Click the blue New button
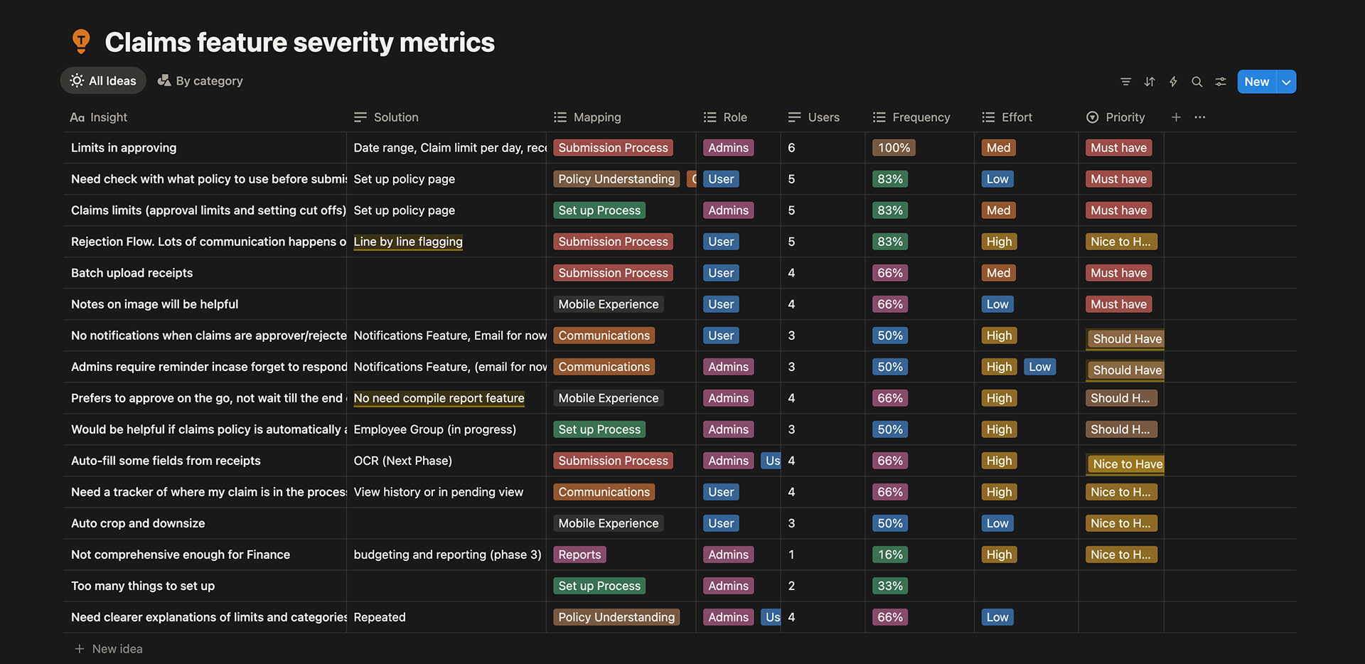click(x=1256, y=82)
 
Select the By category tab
click(x=200, y=81)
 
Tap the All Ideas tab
click(x=103, y=81)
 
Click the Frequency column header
click(x=920, y=117)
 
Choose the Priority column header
click(x=1124, y=117)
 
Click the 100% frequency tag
click(x=893, y=148)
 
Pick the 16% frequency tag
click(x=889, y=555)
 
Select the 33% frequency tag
click(x=889, y=586)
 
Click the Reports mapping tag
click(x=579, y=555)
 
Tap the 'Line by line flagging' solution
click(x=407, y=242)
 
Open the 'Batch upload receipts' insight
click(x=132, y=273)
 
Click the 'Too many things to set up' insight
click(x=142, y=586)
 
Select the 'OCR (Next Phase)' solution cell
click(x=402, y=461)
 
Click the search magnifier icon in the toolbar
click(x=1197, y=82)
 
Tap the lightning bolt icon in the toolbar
click(x=1173, y=82)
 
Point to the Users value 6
click(x=791, y=148)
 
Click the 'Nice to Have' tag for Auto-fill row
click(x=1127, y=464)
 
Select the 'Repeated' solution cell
click(x=380, y=617)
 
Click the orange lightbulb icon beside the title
click(x=81, y=41)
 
